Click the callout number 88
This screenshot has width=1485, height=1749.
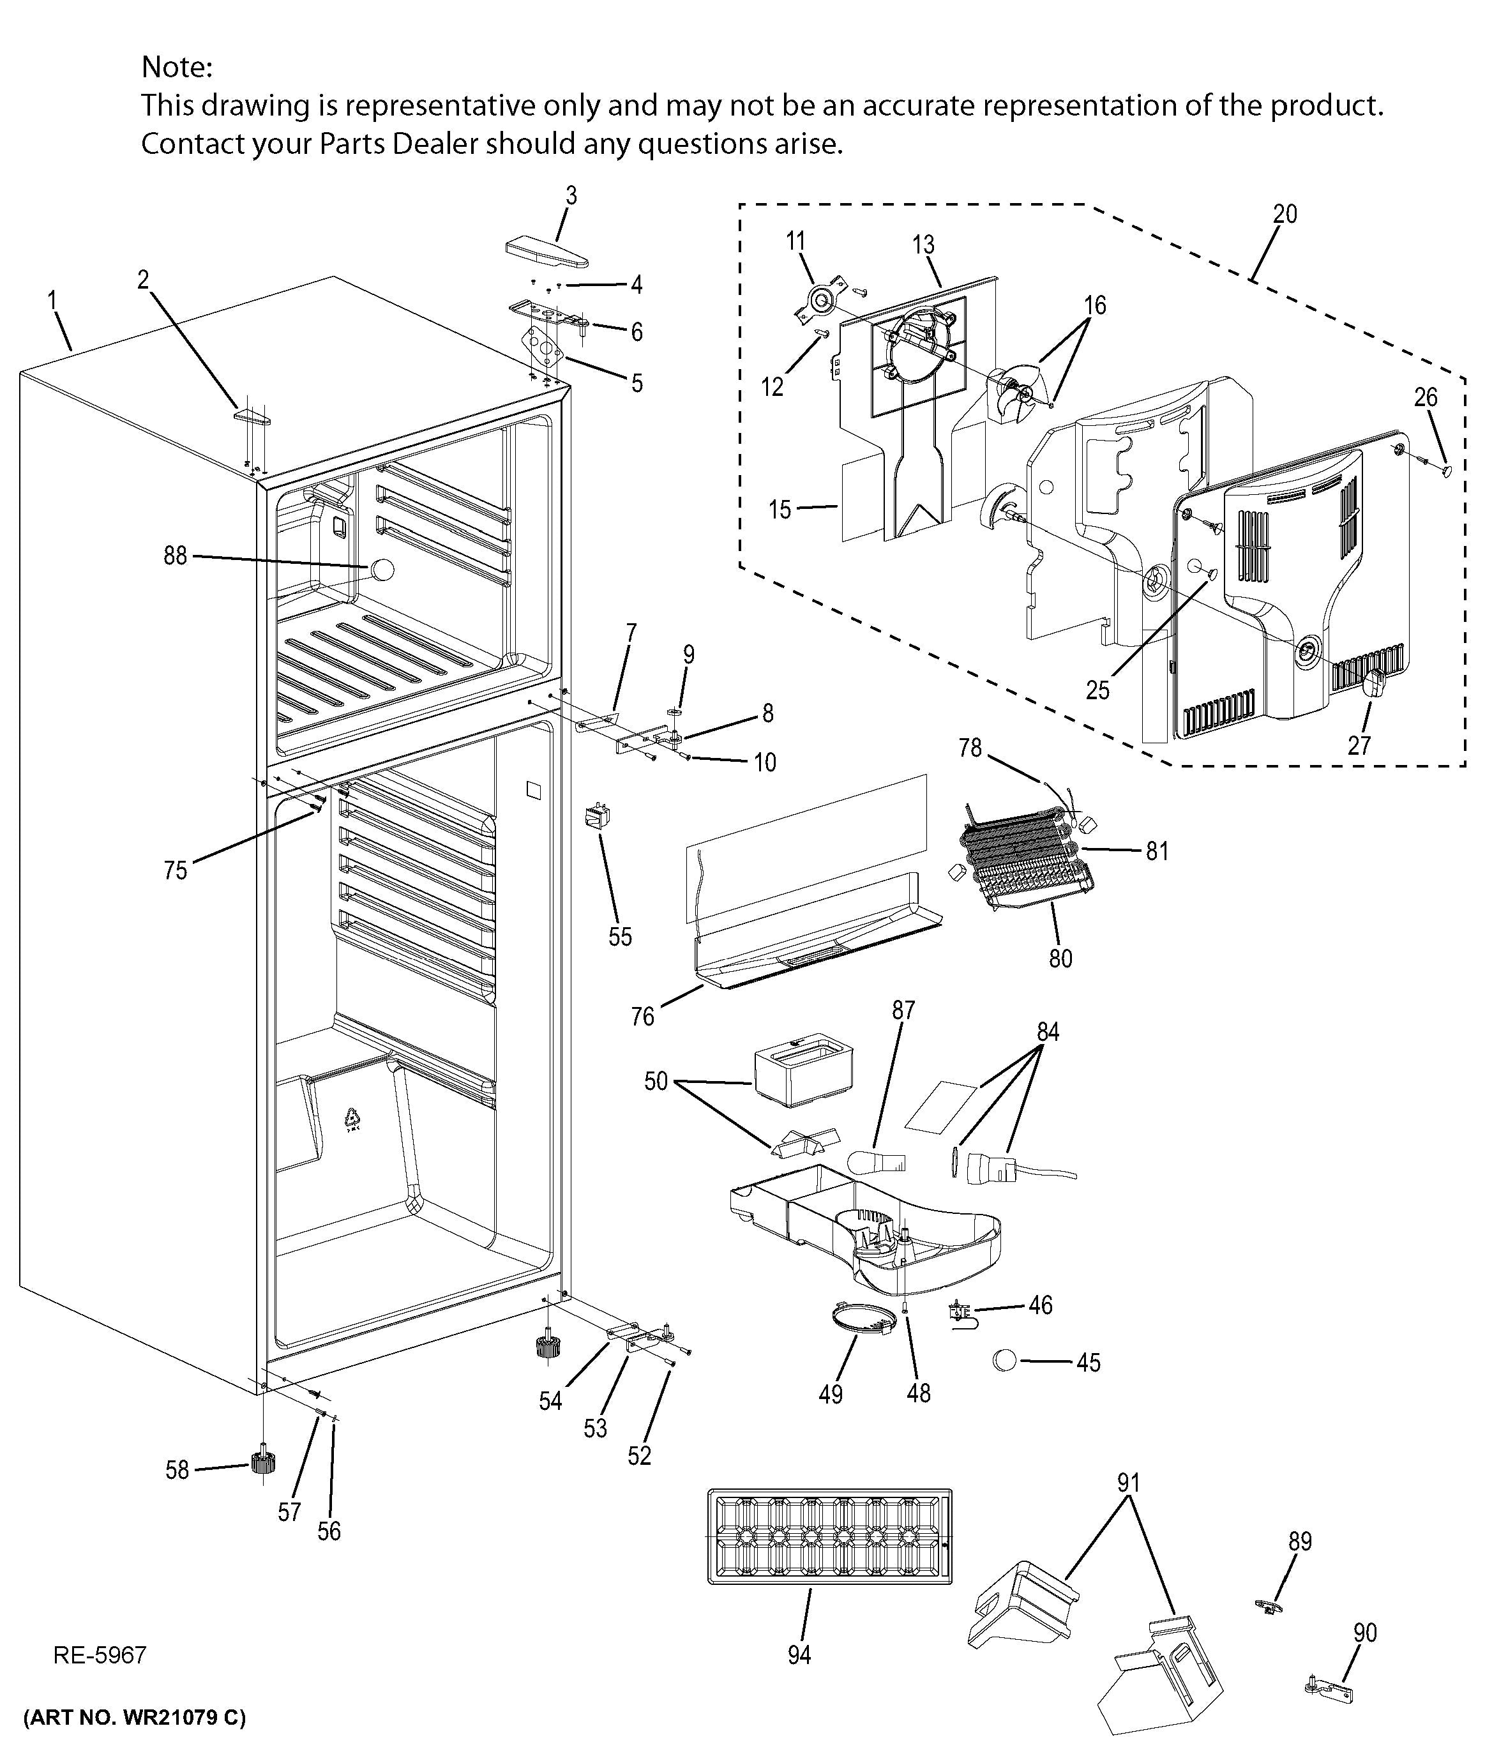click(x=175, y=556)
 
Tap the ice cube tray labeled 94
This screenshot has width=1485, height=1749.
click(x=830, y=1538)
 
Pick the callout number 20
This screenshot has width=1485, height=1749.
click(x=1285, y=214)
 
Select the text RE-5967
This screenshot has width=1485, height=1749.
click(x=100, y=1656)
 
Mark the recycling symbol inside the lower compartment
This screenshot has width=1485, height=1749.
click(x=352, y=1121)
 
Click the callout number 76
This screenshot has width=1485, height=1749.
click(x=642, y=1017)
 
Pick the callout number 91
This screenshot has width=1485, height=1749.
click(x=1129, y=1484)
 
